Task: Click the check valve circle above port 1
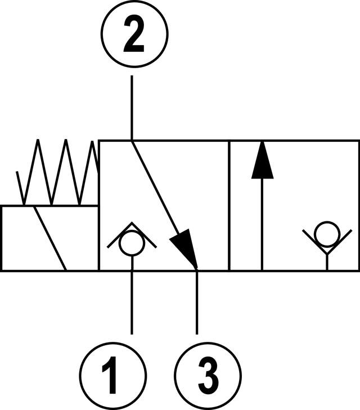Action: (132, 243)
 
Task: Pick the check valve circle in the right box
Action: (327, 233)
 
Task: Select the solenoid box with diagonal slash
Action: (49, 238)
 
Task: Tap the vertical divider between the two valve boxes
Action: (229, 206)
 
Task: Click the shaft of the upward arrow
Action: (262, 225)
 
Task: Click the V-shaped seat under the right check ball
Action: (327, 248)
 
